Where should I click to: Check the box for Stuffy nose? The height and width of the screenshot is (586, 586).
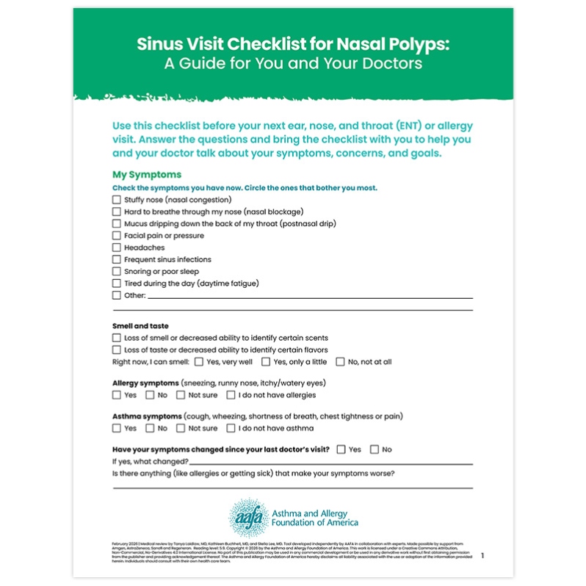[x=116, y=200]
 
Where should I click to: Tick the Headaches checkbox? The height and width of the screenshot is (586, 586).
[x=116, y=247]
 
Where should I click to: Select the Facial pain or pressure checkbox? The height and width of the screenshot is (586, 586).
[x=116, y=236]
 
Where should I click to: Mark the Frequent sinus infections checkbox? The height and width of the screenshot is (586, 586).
[x=116, y=259]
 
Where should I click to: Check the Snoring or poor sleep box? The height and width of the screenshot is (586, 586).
[x=116, y=272]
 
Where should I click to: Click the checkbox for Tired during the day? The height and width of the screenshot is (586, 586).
[x=116, y=283]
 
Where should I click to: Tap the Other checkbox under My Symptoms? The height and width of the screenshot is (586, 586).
[x=116, y=295]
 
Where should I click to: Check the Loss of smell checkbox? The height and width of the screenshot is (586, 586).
[x=116, y=338]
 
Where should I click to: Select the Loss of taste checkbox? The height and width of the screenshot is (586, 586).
[x=116, y=350]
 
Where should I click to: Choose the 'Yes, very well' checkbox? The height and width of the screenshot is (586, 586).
[x=199, y=361]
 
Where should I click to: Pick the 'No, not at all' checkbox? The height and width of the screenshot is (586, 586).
[x=340, y=361]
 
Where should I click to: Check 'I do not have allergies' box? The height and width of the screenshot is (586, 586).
[x=231, y=395]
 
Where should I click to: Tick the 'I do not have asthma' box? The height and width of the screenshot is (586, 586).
[x=231, y=428]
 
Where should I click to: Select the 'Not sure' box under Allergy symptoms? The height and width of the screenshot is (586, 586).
[x=181, y=395]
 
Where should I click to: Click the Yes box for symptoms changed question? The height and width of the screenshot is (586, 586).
[x=341, y=449]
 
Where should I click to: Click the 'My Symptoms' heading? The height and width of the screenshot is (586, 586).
[x=146, y=175]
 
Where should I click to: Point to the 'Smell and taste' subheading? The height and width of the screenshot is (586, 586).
[x=140, y=325]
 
